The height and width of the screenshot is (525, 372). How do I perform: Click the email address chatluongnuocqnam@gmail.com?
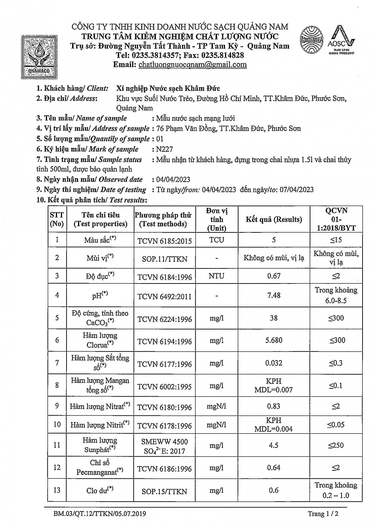pos(192,65)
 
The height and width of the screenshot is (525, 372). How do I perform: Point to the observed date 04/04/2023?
pos(173,180)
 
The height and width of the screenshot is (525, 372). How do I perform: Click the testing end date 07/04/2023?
pos(296,190)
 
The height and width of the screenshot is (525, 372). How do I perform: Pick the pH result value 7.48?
pos(274,295)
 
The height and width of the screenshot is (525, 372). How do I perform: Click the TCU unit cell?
pos(217,240)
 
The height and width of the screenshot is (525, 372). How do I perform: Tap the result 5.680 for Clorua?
pos(274,340)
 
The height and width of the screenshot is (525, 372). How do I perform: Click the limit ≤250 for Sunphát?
pos(336,445)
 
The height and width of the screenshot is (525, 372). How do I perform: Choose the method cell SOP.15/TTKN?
pos(164,491)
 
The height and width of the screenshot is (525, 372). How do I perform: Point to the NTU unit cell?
pos(216,276)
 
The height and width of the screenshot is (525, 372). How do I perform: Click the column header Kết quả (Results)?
pos(274,219)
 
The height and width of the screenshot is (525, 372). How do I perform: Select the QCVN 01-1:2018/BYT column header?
pos(336,219)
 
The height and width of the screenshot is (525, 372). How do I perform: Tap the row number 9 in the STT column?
pos(57,406)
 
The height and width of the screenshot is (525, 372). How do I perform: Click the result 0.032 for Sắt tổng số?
pos(274,363)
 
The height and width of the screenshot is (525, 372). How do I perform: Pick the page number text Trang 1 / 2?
pos(323,514)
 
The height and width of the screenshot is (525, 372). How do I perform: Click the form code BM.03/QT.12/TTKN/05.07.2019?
pos(100,514)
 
